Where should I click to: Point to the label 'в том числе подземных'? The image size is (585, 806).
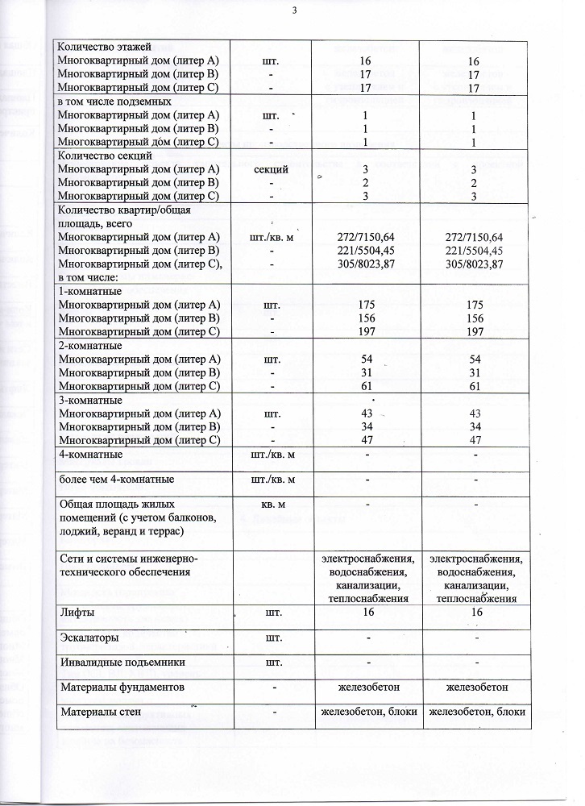click(114, 102)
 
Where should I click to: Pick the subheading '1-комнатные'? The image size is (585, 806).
click(91, 290)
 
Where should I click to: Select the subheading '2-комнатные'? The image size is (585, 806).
click(91, 345)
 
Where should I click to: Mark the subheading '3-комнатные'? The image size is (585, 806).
click(91, 400)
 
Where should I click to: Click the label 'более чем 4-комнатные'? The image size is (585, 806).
click(118, 480)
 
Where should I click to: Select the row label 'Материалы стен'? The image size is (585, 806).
click(102, 712)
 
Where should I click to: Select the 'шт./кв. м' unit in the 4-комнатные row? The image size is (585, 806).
click(272, 455)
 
